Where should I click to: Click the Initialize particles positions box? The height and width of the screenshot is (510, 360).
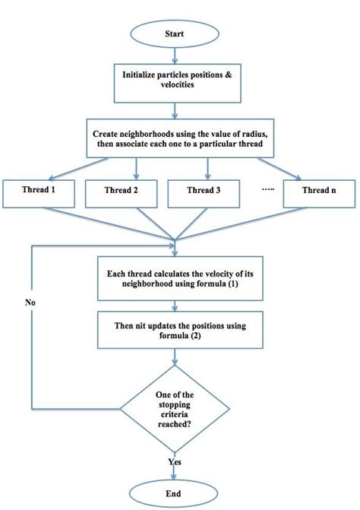[175, 81]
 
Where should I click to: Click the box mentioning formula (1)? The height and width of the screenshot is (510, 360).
[175, 278]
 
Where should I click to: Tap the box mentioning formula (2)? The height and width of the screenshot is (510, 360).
[175, 331]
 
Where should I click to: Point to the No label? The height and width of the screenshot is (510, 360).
[30, 302]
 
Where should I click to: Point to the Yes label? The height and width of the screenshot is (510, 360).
[175, 461]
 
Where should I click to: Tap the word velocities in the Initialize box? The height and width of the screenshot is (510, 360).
[175, 87]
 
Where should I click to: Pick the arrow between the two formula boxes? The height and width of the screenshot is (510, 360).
[175, 306]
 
